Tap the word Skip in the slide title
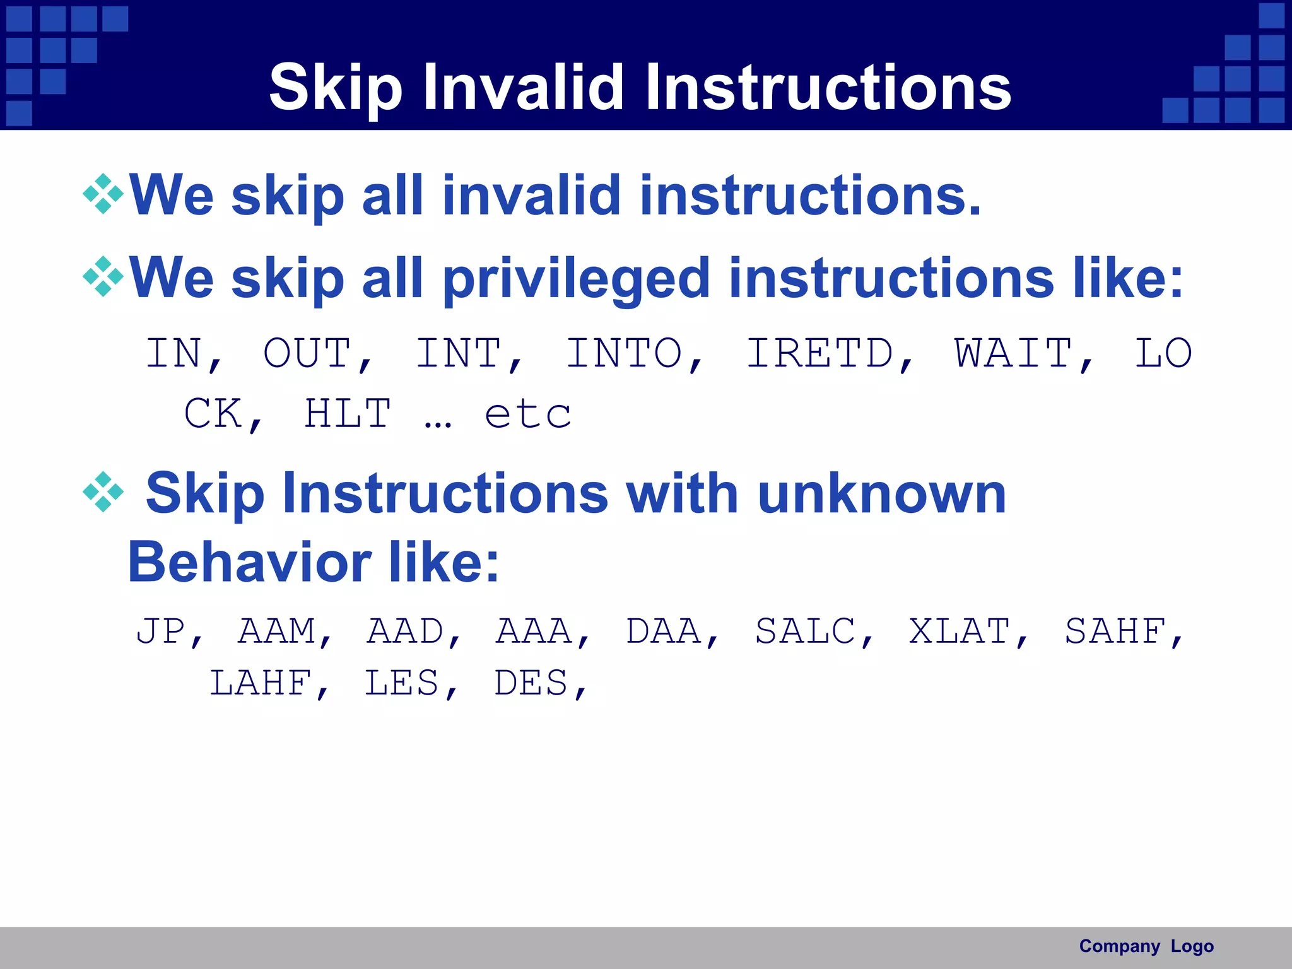click(335, 88)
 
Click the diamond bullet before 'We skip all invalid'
click(103, 194)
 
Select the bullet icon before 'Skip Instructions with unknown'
click(103, 491)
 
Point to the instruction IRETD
click(820, 353)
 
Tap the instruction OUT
click(307, 353)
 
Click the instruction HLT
click(348, 414)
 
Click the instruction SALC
click(805, 631)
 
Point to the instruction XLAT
click(960, 631)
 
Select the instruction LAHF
click(261, 683)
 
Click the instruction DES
click(531, 683)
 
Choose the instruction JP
click(161, 631)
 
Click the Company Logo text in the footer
click(1146, 946)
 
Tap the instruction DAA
click(663, 631)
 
